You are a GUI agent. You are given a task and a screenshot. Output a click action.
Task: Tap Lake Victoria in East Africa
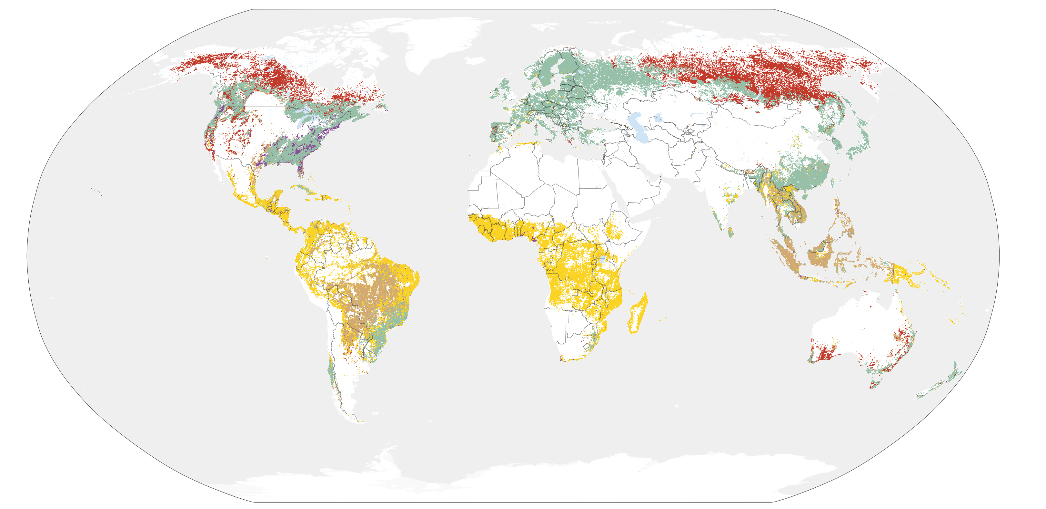(x=603, y=258)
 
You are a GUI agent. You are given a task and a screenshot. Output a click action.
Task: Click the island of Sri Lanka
(x=731, y=233)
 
